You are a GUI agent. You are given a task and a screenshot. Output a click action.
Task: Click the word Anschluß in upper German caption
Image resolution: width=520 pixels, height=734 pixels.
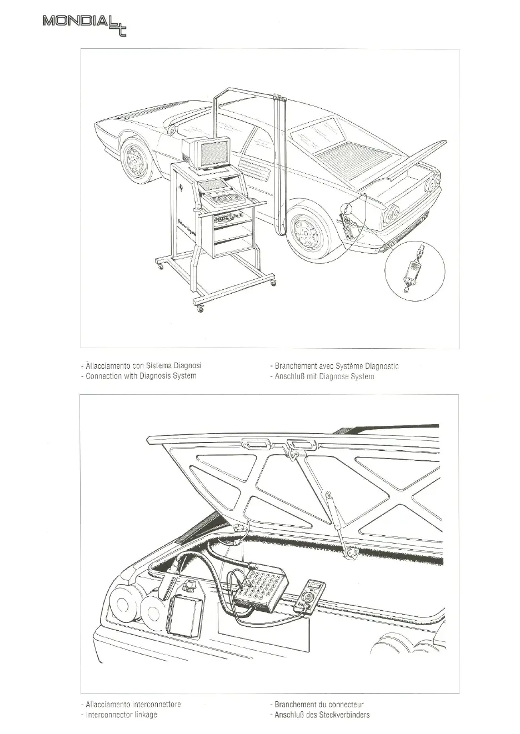(288, 376)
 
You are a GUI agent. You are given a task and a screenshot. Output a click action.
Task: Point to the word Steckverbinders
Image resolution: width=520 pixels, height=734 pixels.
(342, 715)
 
